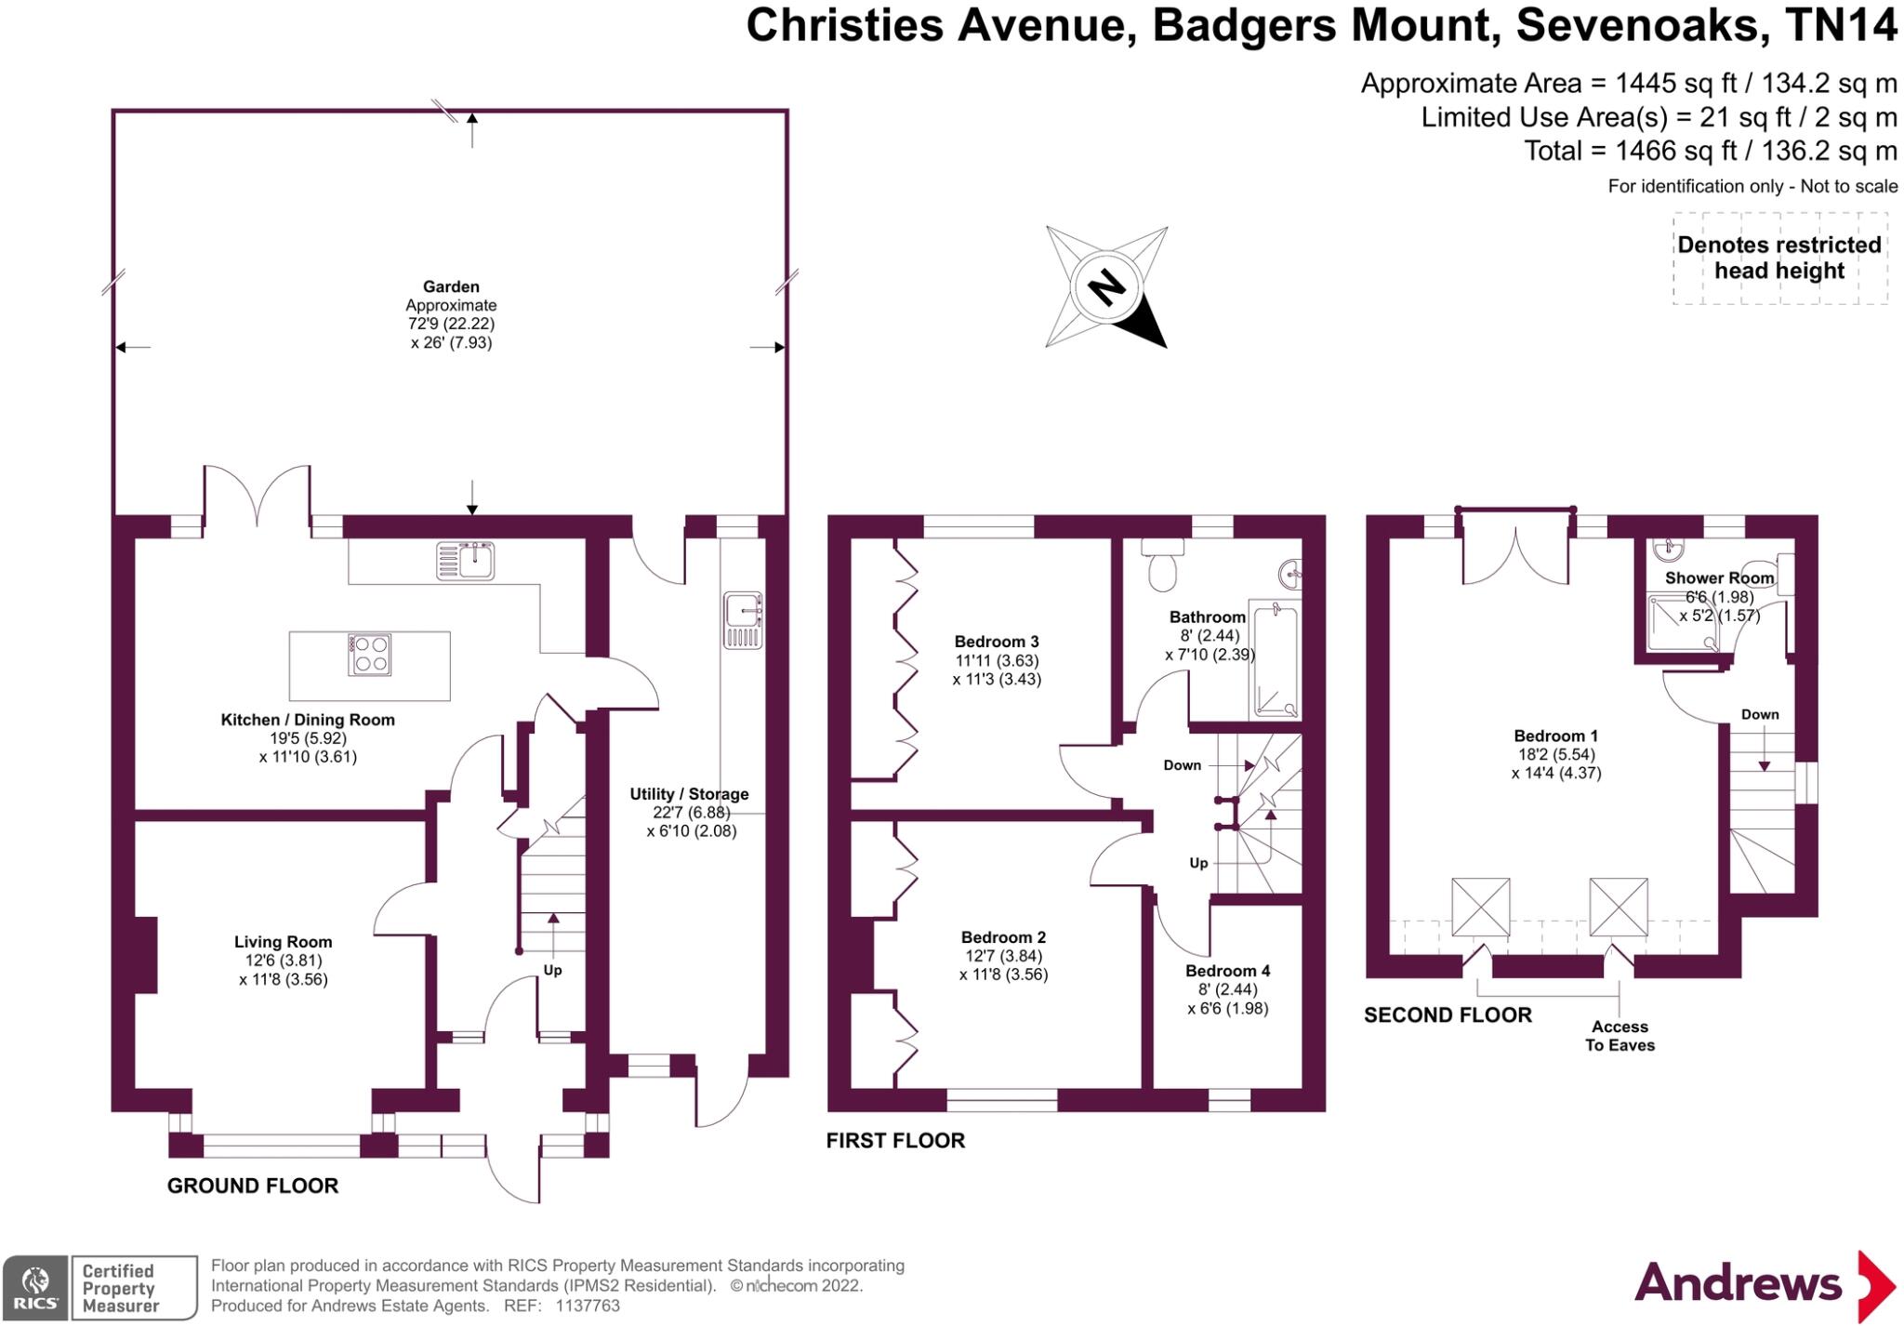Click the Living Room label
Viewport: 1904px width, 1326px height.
(283, 942)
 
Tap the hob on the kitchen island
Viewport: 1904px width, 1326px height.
(369, 654)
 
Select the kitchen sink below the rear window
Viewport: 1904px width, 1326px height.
(465, 562)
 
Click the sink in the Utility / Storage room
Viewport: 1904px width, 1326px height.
(742, 620)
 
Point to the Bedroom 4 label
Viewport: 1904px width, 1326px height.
(1227, 971)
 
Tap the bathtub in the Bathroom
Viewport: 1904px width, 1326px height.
(1274, 659)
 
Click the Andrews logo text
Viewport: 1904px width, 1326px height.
(1738, 1284)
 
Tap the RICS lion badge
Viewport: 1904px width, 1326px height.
(35, 1287)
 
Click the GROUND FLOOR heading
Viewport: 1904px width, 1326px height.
(253, 1186)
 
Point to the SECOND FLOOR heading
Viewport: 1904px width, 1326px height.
(1448, 1015)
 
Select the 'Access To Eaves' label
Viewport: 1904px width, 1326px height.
(1620, 1036)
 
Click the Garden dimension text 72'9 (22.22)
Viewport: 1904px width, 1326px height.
(451, 324)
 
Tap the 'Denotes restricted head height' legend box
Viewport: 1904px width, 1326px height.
(1779, 258)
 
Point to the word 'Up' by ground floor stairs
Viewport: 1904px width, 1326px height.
(552, 970)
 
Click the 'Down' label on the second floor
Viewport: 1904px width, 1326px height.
(1760, 714)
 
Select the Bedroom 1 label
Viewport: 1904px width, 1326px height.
(1555, 736)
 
